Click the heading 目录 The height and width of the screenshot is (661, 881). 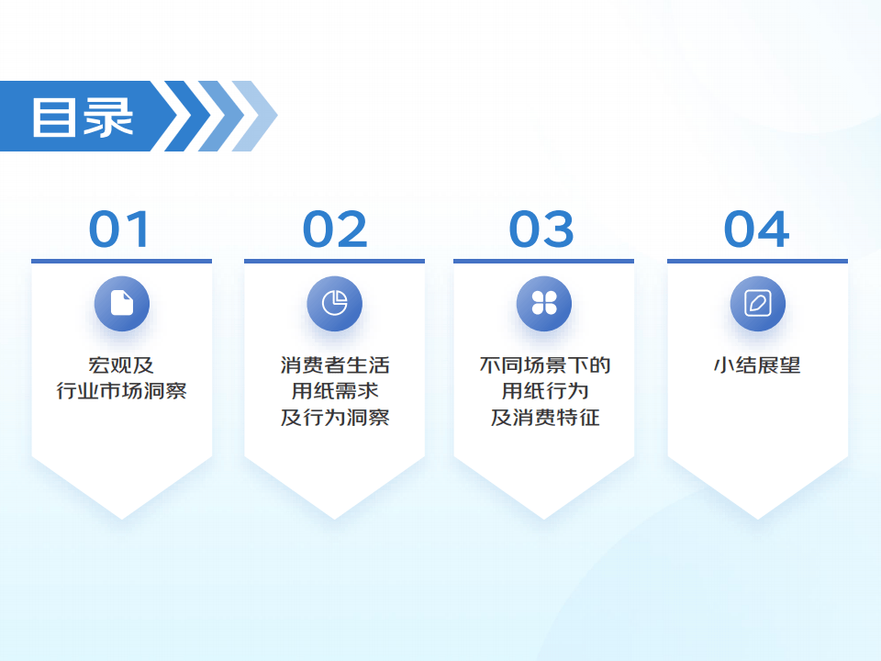pos(83,117)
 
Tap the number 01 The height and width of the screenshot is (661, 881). pos(119,229)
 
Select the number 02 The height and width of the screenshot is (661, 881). pos(335,229)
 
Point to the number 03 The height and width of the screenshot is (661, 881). pos(541,229)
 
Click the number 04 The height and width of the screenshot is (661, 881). pos(756,229)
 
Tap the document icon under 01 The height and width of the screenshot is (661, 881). pos(122,304)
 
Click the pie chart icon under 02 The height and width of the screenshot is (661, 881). pos(334,304)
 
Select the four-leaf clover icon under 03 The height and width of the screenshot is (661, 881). pos(544,304)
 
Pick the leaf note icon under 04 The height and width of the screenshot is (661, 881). pos(757,304)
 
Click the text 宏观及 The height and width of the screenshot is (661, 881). pos(121,365)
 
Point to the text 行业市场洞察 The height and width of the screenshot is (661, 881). pos(121,391)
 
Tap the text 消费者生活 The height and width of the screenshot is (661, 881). pos(335,365)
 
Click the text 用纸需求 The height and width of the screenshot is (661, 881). pos(335,391)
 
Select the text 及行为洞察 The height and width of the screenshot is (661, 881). pos(335,417)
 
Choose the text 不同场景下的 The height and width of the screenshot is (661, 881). pos(545,365)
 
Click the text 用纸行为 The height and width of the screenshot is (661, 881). pos(545,391)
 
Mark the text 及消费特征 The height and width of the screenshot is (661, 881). pos(545,417)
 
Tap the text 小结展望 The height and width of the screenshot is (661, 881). pos(757,365)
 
